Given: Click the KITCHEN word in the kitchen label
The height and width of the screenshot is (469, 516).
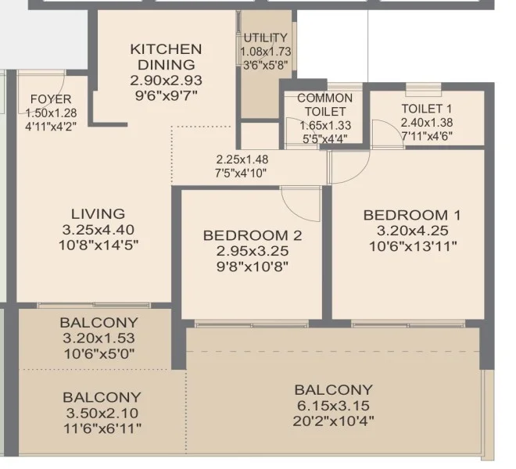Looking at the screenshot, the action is (x=166, y=49).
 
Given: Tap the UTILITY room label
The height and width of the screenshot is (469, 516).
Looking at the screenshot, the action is (x=266, y=38).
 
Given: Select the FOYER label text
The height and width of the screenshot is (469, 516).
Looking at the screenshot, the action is (x=51, y=99).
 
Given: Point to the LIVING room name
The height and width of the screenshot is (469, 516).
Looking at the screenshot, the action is (x=98, y=214).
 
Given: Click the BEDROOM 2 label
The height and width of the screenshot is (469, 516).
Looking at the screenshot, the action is (x=253, y=235).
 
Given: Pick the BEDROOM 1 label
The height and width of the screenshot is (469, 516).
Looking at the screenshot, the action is (x=412, y=215).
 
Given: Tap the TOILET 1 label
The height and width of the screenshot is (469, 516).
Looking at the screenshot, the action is (x=427, y=109).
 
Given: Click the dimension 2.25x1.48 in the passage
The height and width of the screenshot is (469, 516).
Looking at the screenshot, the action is (x=242, y=159).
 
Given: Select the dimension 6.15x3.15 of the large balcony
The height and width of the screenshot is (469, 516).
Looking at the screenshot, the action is (x=333, y=406).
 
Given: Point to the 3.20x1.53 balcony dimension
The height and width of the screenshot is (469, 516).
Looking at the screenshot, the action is (x=99, y=338).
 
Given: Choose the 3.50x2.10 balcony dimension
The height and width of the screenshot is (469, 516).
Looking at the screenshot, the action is (x=102, y=413).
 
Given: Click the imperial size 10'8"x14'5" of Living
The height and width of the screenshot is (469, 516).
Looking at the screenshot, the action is (x=99, y=245).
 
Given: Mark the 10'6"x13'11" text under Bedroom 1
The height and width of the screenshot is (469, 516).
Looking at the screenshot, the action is (x=413, y=246).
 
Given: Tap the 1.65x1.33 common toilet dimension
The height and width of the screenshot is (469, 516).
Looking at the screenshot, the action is (x=325, y=125).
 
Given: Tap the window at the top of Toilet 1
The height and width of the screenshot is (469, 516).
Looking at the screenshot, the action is (x=423, y=89).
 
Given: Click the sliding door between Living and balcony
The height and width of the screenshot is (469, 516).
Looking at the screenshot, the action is (x=94, y=305).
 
